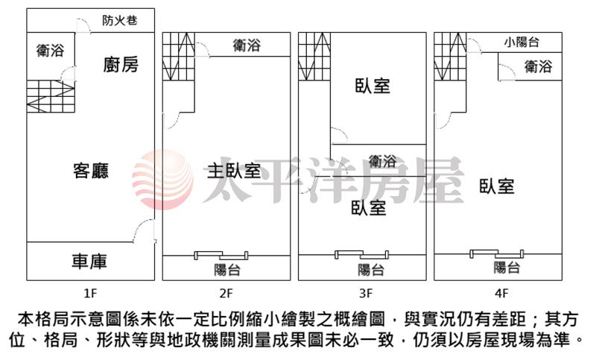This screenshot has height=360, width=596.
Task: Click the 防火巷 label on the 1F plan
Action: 120,20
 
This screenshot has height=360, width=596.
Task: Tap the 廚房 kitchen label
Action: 121,64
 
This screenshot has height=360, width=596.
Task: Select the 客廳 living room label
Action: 91,171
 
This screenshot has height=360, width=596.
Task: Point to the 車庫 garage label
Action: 89,262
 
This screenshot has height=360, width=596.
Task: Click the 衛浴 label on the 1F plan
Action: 50,50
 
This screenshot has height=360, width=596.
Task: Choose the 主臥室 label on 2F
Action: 234,171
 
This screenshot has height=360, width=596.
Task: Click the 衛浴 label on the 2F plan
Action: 247,45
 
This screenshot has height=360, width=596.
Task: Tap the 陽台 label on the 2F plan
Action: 227,270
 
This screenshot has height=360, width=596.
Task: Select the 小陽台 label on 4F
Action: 522,42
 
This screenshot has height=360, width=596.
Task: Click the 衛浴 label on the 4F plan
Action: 538,66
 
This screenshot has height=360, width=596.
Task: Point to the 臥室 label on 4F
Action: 497,186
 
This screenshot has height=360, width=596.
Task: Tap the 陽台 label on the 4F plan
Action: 507,268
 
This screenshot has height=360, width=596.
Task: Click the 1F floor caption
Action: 90,294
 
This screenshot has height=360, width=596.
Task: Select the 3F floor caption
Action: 366,294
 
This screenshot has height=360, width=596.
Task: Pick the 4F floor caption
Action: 501,294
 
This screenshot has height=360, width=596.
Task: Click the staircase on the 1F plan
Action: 51,97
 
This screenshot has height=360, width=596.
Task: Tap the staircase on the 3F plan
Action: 314,56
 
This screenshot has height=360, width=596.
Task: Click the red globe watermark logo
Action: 163,180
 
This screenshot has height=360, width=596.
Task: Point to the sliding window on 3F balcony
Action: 361,254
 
